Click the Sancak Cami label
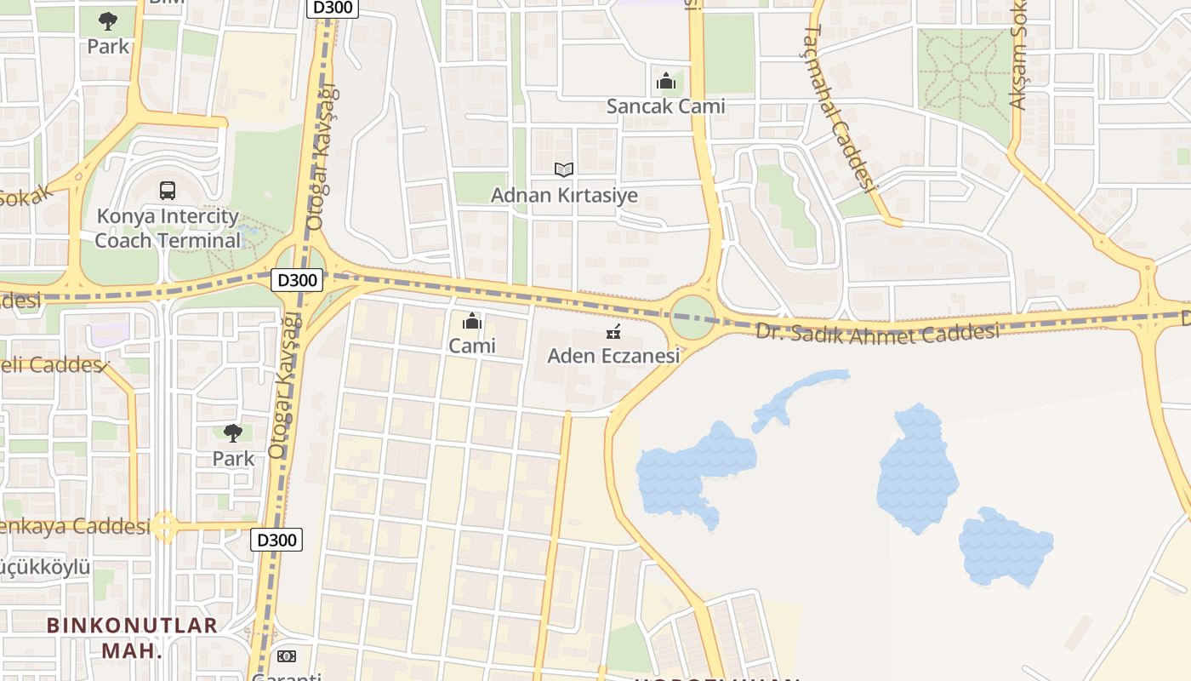665,106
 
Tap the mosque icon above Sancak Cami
665,83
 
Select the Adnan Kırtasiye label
564,195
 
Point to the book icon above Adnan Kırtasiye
563,170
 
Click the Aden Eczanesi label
613,356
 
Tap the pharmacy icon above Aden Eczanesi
613,332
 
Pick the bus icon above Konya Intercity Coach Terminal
168,191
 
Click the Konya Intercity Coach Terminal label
168,228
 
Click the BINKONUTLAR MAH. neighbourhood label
132,638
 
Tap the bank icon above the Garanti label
287,656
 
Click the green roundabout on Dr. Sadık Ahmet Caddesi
692,318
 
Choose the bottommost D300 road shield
276,540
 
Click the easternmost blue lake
1006,547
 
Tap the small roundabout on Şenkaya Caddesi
165,527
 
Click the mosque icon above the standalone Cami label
471,322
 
